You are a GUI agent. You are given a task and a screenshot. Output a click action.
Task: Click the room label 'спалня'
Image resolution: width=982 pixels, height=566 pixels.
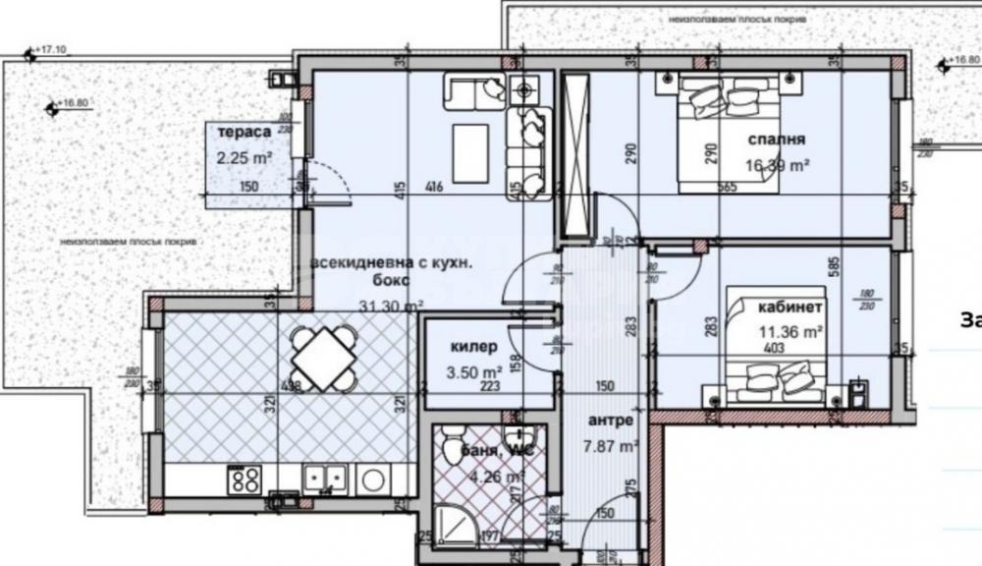pos(769,139)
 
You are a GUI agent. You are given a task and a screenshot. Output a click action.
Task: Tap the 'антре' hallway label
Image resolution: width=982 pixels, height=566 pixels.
pos(609,421)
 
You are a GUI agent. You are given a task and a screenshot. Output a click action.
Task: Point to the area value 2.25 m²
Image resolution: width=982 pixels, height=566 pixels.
pos(245,155)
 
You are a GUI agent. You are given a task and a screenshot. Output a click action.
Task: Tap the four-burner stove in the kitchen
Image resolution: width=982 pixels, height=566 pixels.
pos(245,480)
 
